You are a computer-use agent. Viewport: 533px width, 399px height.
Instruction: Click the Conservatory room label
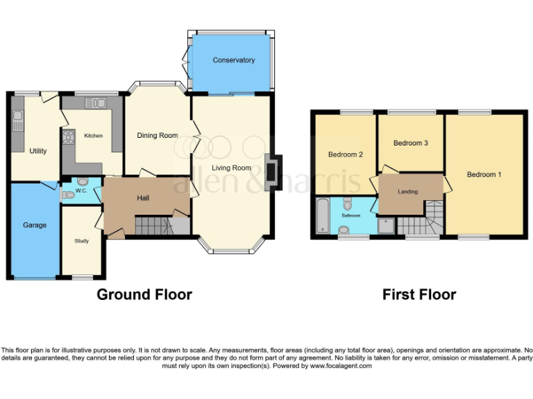point(233,60)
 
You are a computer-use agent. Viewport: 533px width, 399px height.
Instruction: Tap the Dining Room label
point(157,136)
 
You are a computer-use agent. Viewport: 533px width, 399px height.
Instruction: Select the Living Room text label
point(231,168)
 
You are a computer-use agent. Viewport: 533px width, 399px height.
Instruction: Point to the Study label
point(82,241)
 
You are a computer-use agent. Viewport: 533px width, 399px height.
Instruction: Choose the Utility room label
point(37,150)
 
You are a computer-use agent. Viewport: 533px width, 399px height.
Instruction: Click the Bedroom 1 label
point(484,175)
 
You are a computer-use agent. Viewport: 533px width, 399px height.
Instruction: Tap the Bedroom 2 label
point(346,154)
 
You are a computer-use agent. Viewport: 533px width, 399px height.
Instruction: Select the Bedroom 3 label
point(410,143)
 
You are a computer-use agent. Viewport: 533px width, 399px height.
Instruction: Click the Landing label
point(407,191)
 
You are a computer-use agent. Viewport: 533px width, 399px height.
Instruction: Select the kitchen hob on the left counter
point(68,137)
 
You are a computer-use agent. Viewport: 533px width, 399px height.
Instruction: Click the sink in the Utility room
point(17,115)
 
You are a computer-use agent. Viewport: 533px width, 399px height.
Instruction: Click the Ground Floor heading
point(144,294)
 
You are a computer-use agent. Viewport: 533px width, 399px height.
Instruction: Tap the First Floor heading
point(418,294)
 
